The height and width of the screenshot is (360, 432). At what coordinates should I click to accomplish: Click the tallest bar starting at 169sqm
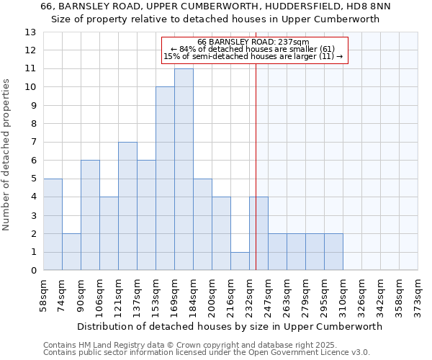[184, 169]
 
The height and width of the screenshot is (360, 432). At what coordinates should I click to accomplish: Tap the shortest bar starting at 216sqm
[240, 261]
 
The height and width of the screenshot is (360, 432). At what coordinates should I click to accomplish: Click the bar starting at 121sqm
[127, 206]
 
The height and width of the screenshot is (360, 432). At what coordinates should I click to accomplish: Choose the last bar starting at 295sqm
[333, 252]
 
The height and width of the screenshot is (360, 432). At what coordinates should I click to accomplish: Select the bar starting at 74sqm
[71, 252]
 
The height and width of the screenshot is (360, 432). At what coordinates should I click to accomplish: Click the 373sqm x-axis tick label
[418, 296]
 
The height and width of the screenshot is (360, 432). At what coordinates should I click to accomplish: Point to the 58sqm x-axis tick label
[44, 296]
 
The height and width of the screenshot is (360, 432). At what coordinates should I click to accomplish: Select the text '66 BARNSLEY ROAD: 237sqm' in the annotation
[253, 42]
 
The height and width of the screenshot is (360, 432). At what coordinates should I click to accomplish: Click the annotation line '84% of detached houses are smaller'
[253, 49]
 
